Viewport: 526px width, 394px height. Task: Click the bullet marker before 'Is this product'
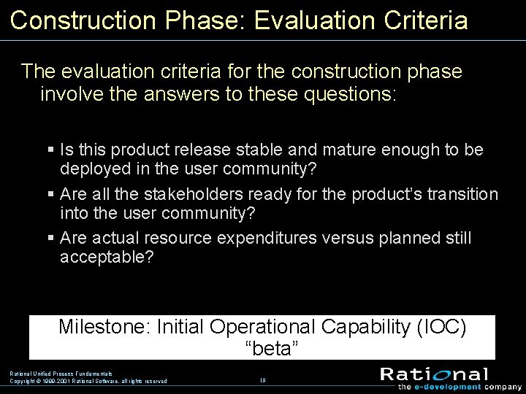(50, 150)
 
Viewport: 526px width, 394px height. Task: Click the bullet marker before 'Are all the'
(50, 195)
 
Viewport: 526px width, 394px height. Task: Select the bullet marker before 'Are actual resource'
(50, 239)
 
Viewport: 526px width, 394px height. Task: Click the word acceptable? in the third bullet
(107, 257)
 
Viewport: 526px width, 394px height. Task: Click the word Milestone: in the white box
(105, 327)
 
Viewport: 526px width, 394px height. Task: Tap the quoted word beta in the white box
(271, 349)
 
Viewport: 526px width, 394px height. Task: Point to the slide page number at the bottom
(262, 380)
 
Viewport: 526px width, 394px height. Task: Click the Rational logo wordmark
(433, 374)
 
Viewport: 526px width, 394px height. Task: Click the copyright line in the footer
(88, 381)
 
